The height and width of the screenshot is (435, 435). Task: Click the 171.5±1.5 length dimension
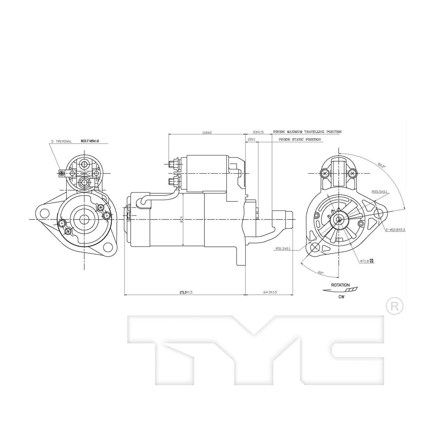(x=186, y=292)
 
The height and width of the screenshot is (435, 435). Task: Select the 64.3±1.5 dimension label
(x=270, y=292)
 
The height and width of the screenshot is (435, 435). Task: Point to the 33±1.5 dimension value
(x=258, y=132)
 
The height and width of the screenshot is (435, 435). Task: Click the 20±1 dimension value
(x=251, y=140)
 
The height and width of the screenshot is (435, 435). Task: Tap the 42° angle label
(x=321, y=272)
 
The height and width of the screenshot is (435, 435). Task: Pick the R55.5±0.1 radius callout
(x=379, y=191)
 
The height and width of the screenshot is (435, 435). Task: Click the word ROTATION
(x=340, y=285)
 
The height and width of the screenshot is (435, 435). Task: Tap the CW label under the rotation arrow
(x=341, y=297)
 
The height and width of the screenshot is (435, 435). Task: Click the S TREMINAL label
(x=61, y=141)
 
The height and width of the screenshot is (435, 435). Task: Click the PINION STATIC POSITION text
(x=300, y=140)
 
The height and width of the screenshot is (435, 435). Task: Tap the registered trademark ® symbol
(x=394, y=306)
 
